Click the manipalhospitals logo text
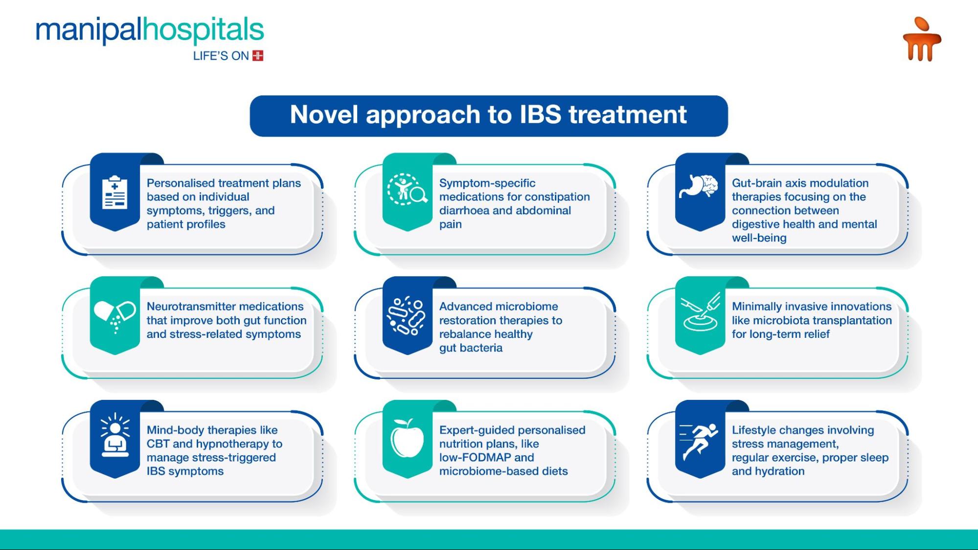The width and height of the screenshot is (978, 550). click(x=150, y=30)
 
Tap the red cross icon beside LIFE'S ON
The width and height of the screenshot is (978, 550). click(x=258, y=56)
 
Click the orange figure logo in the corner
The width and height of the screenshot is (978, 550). click(x=922, y=39)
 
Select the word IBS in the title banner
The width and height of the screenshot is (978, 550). click(x=540, y=114)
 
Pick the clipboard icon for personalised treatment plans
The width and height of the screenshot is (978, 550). click(x=115, y=192)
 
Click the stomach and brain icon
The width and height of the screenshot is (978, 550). click(x=699, y=186)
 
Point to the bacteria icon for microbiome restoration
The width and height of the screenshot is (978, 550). click(x=406, y=316)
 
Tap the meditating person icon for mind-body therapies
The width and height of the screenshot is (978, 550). click(x=115, y=435)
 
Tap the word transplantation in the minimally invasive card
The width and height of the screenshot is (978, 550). click(x=851, y=321)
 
